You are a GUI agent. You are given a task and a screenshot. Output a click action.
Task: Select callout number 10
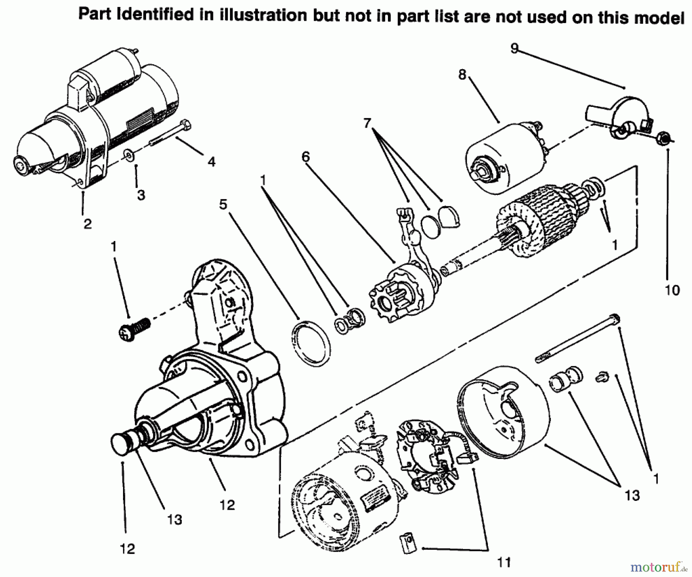[x=672, y=290]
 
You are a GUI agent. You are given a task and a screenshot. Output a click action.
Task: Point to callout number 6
[x=306, y=156]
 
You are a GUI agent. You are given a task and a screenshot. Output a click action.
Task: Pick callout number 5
[x=223, y=205]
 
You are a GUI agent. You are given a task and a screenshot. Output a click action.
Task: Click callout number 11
[x=504, y=562]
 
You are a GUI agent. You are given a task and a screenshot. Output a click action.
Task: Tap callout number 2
[x=88, y=223]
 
